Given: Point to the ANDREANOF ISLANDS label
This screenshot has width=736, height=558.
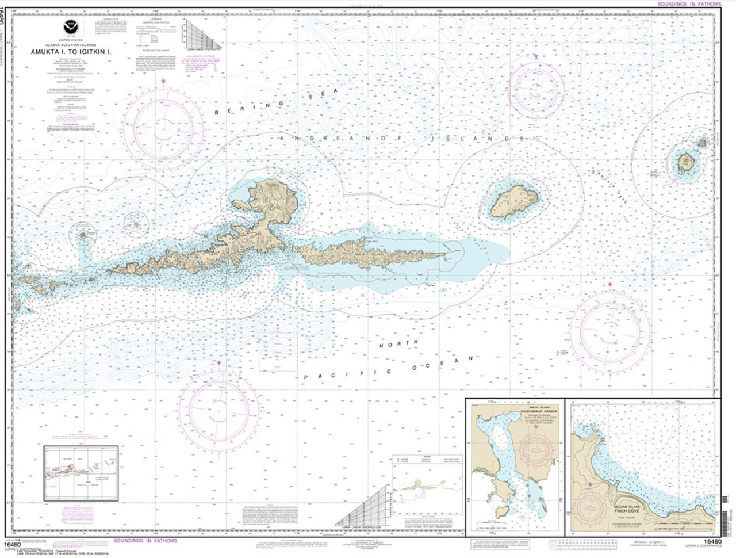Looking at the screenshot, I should [402, 139].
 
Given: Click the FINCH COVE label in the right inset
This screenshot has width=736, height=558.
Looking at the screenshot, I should [621, 494].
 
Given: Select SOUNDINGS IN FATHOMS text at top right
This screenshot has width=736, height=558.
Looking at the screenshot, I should [688, 4].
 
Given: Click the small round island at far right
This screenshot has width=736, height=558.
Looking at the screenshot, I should [685, 162].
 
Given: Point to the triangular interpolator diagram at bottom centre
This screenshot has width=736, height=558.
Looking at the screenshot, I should [368, 506].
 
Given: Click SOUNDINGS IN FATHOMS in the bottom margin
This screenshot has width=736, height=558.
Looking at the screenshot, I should [145, 541].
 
